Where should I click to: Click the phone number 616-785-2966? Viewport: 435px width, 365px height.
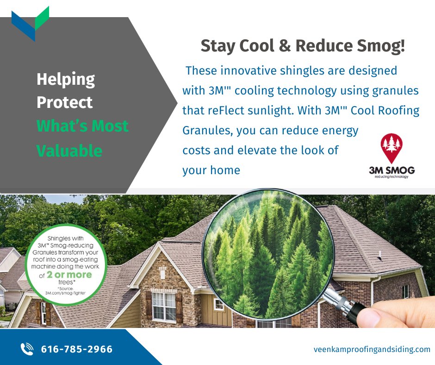[x=77, y=349]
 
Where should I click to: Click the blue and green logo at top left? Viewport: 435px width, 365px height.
[x=30, y=23]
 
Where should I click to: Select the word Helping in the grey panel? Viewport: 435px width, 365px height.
[x=65, y=80]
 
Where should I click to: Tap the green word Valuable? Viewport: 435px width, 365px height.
[x=69, y=150]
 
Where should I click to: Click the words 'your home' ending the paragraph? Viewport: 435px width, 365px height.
[x=211, y=170]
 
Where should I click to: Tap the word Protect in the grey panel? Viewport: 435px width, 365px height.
[x=64, y=102]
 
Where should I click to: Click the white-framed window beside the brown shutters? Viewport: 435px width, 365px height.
[x=163, y=306]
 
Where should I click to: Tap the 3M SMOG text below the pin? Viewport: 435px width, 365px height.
[x=391, y=170]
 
